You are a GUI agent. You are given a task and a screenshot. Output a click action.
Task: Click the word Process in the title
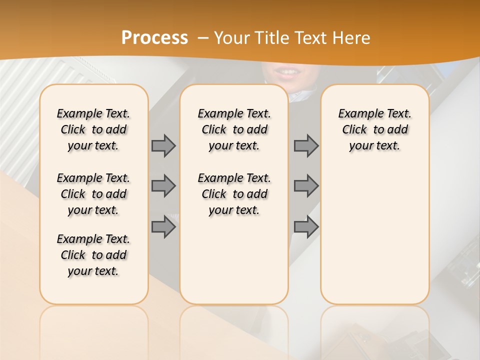pos(154,38)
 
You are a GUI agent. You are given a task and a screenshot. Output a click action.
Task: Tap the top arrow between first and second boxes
pos(163,145)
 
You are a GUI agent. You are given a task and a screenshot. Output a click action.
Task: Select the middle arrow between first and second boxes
pos(163,186)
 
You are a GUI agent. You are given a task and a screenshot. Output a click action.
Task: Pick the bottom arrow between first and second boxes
pos(163,227)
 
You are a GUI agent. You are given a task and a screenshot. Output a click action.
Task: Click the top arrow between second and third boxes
pos(306,145)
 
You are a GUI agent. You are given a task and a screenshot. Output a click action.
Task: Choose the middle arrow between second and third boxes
pos(306,186)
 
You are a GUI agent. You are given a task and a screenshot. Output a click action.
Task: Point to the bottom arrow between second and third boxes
pos(306,227)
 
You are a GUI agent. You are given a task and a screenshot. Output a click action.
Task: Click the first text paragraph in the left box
pos(93,129)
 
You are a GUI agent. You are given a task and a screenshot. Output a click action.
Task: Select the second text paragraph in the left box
pos(93,194)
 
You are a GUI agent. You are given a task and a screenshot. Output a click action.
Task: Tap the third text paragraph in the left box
pos(93,255)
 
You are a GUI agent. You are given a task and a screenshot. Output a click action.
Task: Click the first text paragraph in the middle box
pos(234,129)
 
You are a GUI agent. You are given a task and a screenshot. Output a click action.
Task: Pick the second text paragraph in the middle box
pos(234,194)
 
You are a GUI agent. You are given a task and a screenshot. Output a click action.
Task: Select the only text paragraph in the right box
pos(374,129)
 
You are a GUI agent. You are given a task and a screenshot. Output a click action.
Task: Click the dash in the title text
pos(203,38)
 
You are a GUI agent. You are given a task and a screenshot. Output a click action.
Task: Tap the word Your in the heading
pos(231,38)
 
